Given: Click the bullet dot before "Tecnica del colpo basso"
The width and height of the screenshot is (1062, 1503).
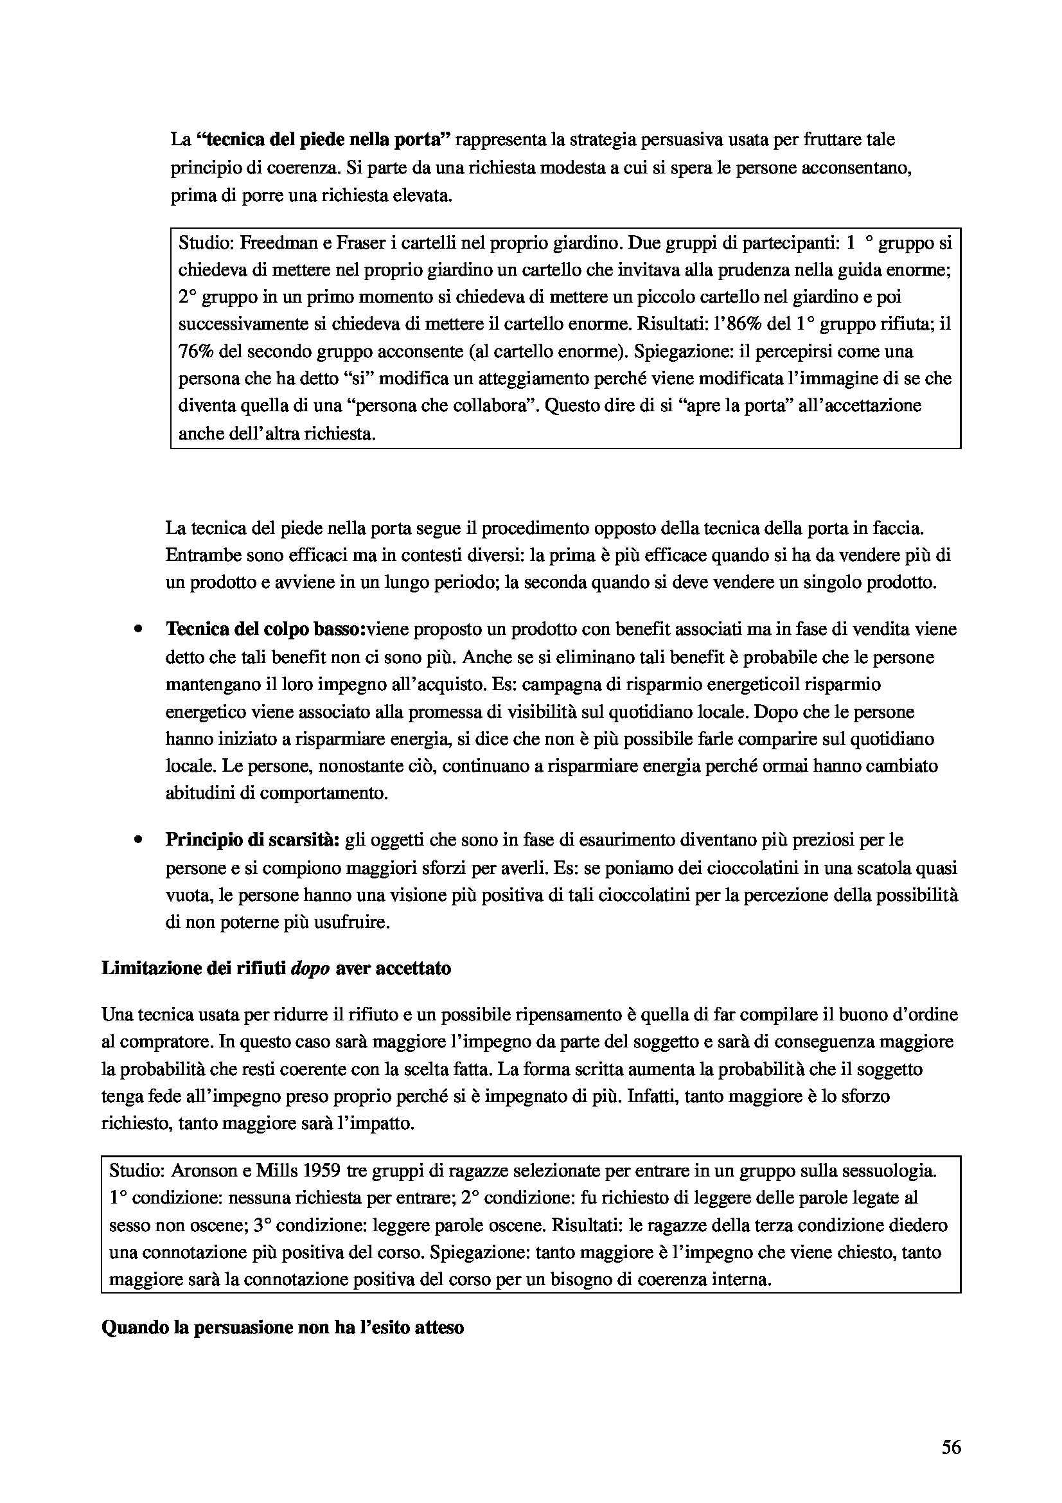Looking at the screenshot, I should pyautogui.click(x=138, y=630).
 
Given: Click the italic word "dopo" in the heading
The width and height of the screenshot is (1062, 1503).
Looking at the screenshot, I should pyautogui.click(x=310, y=968).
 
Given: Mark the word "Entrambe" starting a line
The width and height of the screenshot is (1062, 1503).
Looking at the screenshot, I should pyautogui.click(x=197, y=555).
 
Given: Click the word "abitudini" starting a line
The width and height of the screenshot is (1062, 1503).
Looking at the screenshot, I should pyautogui.click(x=199, y=794).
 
